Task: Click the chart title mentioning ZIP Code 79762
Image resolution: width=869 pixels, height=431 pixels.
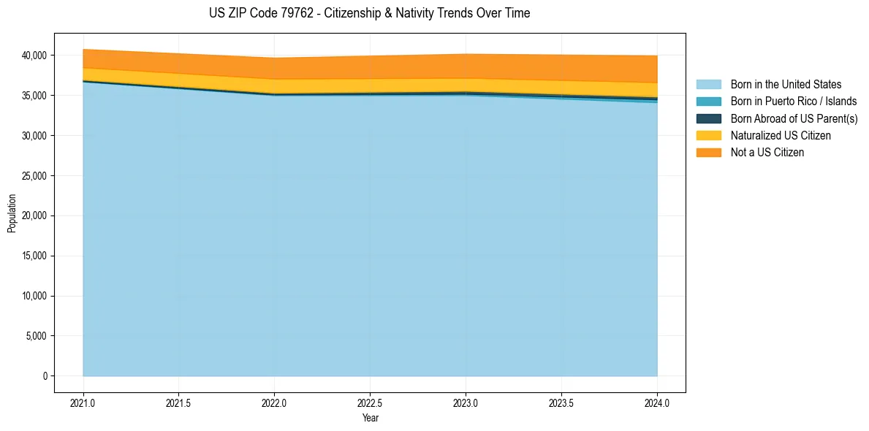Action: click(369, 13)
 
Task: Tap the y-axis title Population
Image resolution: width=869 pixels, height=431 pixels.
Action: click(12, 213)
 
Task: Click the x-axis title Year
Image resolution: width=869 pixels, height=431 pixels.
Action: click(370, 419)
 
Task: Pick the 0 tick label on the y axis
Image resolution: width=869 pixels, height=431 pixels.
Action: click(45, 376)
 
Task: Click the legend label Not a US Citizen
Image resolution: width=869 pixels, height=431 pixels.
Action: click(767, 153)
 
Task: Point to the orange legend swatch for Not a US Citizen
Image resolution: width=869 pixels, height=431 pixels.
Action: click(708, 153)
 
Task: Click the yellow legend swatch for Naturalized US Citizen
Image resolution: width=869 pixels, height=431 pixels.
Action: click(708, 136)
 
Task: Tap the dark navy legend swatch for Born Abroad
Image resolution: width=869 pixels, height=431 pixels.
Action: click(708, 118)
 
